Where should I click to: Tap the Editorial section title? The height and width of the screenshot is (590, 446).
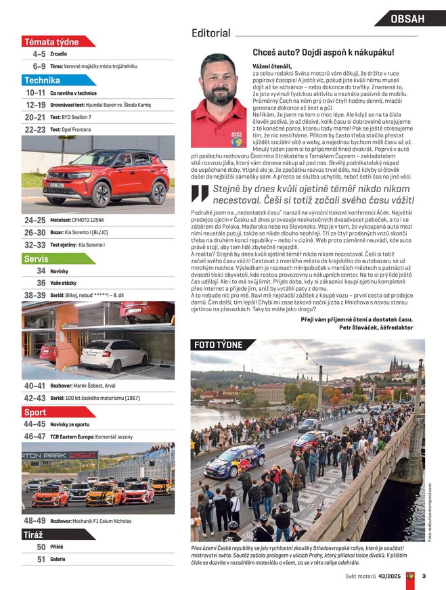(x=210, y=33)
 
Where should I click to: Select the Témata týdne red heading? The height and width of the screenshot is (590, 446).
(x=51, y=42)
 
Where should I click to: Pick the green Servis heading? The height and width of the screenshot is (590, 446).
(x=36, y=258)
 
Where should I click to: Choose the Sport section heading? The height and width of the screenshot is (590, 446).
(x=35, y=412)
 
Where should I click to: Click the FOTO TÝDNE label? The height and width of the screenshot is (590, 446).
(x=218, y=345)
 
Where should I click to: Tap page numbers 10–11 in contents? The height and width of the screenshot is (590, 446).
(x=35, y=93)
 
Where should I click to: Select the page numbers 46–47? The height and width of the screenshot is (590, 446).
(x=35, y=437)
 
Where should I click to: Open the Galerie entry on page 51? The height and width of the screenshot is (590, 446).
(x=58, y=560)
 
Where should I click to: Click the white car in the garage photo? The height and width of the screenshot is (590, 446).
(x=113, y=352)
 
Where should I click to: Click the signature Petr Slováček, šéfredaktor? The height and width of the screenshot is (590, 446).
(x=376, y=327)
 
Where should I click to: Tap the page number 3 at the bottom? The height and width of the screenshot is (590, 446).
(x=423, y=576)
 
